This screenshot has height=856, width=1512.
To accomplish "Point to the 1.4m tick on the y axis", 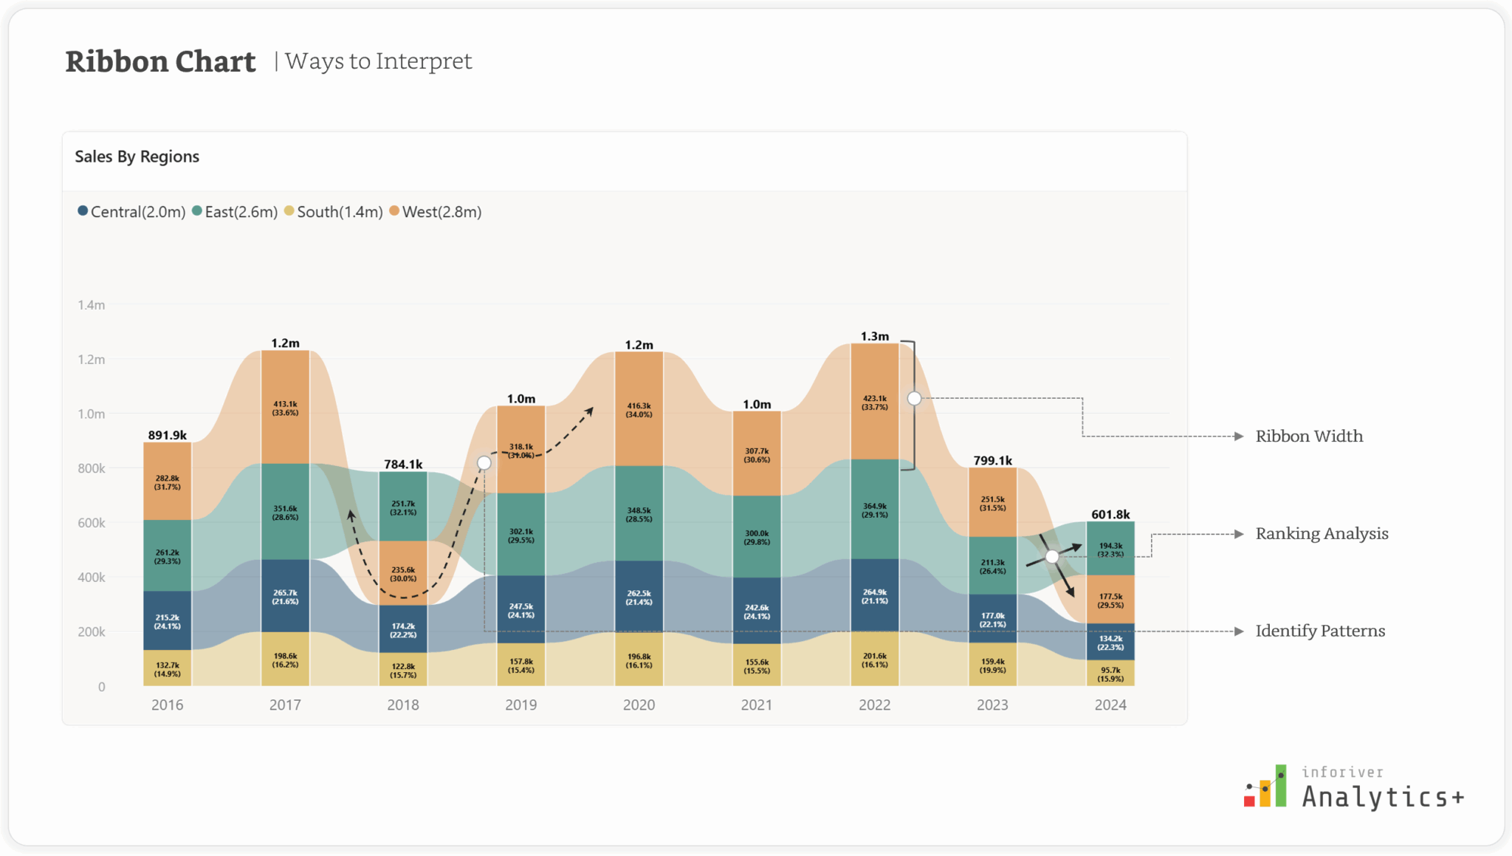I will point(92,305).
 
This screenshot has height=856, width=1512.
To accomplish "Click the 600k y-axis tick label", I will point(92,523).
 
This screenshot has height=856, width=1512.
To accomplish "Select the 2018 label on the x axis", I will point(402,705).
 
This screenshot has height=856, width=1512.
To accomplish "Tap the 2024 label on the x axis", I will point(1110,705).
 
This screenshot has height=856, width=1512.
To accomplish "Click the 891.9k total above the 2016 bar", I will point(167,435).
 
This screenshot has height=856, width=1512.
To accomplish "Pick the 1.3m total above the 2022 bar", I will point(874,336).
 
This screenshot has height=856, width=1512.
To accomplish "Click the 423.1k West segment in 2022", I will point(874,402).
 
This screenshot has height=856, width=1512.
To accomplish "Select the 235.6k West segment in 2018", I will point(402,574).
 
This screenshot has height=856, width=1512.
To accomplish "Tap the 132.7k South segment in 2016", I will point(167,669).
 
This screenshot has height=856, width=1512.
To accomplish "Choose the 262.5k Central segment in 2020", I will point(639,597).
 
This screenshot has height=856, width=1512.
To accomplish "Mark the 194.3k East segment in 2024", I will point(1110,549).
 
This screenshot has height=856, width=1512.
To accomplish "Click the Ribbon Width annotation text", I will point(1309,436).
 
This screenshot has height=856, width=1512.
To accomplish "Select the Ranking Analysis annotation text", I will point(1322,534).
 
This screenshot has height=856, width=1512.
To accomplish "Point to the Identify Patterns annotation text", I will point(1320,631).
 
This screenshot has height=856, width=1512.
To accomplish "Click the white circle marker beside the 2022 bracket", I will point(914,399).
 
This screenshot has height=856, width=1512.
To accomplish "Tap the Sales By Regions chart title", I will point(137,157).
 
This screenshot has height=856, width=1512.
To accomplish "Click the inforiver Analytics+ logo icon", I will point(1265,787).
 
